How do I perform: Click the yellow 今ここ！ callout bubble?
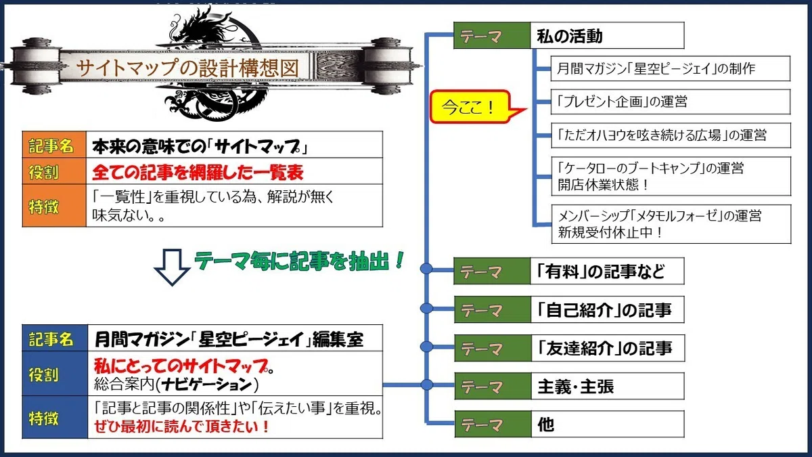pyautogui.click(x=471, y=107)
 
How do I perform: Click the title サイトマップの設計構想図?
pyautogui.click(x=187, y=68)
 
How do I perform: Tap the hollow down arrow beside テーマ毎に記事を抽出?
pyautogui.click(x=172, y=267)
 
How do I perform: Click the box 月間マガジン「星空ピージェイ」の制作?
pyautogui.click(x=671, y=68)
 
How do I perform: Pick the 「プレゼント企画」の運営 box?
pyautogui.click(x=671, y=102)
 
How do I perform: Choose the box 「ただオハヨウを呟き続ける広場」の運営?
pyautogui.click(x=671, y=135)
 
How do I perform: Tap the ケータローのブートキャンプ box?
pyautogui.click(x=671, y=176)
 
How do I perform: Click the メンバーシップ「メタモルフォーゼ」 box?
pyautogui.click(x=671, y=224)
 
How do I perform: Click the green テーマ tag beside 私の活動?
pyautogui.click(x=492, y=35)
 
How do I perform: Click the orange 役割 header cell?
pyautogui.click(x=54, y=171)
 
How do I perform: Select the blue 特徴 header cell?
pyautogui.click(x=55, y=418)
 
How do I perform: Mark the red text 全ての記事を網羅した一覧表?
pyautogui.click(x=198, y=172)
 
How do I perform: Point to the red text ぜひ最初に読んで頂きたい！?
pyautogui.click(x=181, y=426)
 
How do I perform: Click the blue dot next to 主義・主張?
pyautogui.click(x=427, y=385)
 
